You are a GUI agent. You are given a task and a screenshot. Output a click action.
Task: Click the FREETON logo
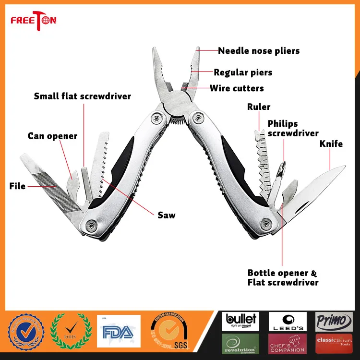(34, 20)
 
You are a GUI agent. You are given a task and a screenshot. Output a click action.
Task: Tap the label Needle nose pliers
(259, 50)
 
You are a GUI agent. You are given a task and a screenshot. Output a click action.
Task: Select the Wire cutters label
(237, 88)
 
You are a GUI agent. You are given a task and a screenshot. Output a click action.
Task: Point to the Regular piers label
(243, 73)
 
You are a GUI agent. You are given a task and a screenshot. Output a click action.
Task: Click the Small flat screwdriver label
(82, 96)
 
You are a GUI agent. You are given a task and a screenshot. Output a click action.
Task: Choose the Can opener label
(52, 136)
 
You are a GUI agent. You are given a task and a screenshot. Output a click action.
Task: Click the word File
(17, 186)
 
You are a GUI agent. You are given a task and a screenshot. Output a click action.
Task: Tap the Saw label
(167, 215)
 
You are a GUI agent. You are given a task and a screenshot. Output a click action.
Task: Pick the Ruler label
(259, 107)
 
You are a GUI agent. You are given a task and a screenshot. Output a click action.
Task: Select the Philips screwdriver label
(293, 128)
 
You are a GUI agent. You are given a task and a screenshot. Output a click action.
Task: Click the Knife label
(331, 144)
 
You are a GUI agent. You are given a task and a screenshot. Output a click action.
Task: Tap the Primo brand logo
(334, 321)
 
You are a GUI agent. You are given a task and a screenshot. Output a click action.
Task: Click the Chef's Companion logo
(287, 344)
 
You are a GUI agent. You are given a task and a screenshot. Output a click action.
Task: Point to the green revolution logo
(240, 344)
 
